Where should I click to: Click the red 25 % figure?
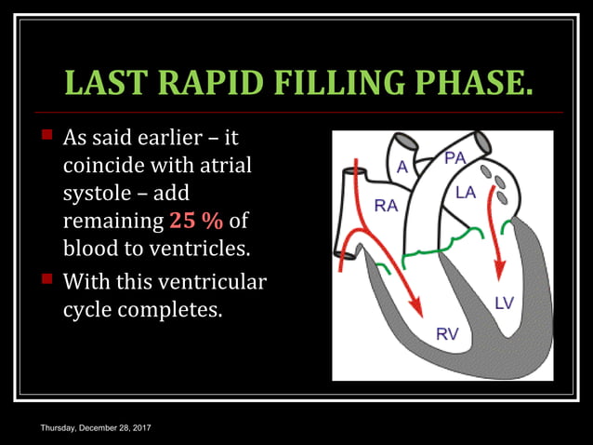[x=196, y=222]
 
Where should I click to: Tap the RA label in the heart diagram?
[x=386, y=207]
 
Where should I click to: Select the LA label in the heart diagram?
[x=466, y=193]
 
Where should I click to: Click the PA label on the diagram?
[x=455, y=158]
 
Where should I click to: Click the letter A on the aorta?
[x=402, y=167]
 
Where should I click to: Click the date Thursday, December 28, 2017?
[x=96, y=426]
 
